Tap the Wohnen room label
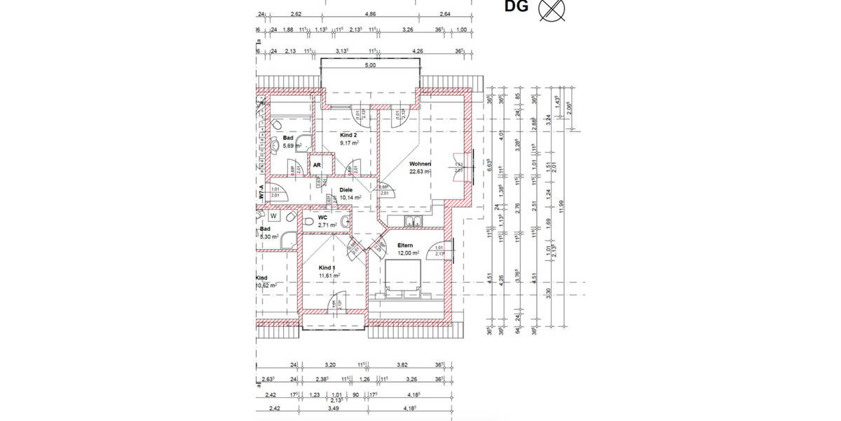pos(420,165)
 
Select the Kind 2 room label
pos(349,135)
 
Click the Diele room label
pos(346,189)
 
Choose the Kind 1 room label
pos(327,268)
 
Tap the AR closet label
pos(317,165)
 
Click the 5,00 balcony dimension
pos(370,65)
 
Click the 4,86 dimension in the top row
pos(370,14)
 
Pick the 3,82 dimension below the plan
pos(402,365)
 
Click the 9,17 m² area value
pos(349,143)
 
